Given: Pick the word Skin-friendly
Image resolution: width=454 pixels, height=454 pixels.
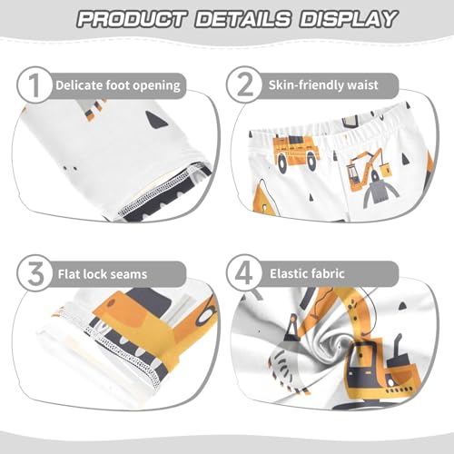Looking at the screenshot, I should pos(312,85).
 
